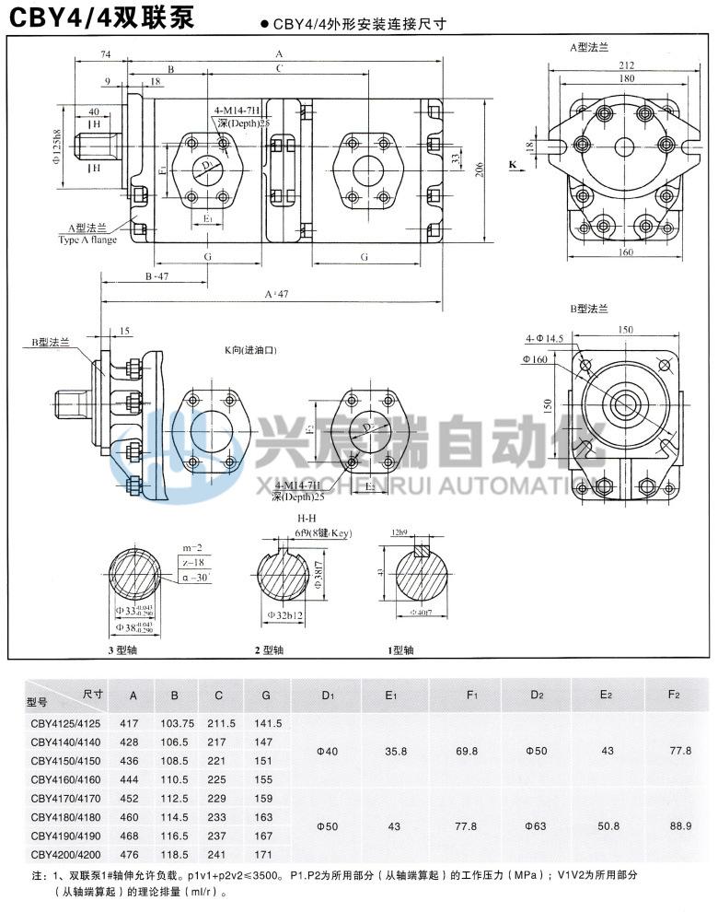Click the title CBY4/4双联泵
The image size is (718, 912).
[101, 17]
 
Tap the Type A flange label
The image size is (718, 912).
[87, 239]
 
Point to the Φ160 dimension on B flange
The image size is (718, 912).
[537, 358]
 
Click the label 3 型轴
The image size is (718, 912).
[122, 650]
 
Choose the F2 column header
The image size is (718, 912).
[679, 694]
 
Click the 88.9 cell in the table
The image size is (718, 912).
[680, 826]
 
